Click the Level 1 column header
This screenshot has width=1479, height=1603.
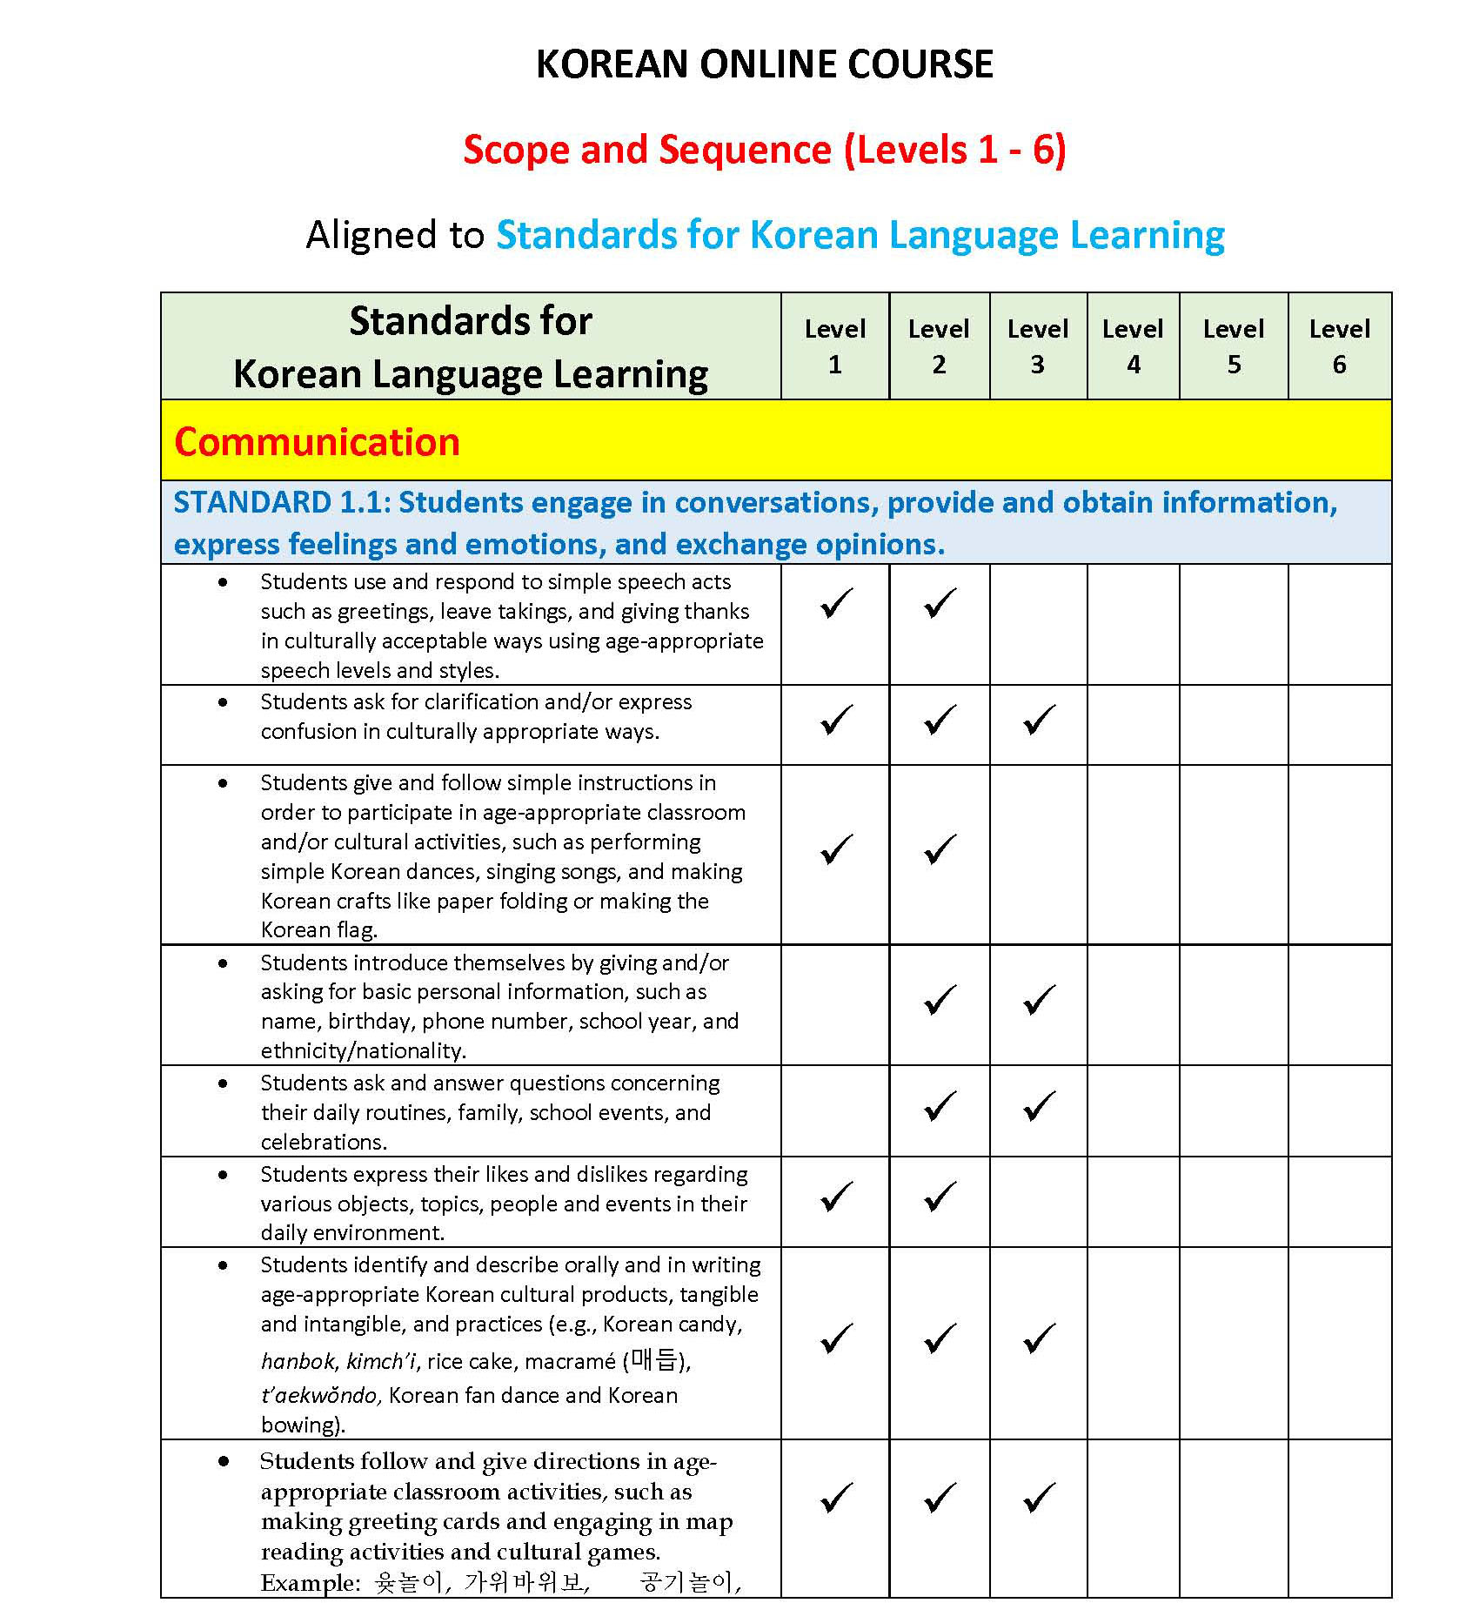click(835, 346)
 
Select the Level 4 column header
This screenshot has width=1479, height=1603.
click(1133, 346)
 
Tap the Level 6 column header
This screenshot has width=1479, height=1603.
click(1339, 346)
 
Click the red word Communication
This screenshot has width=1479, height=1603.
click(317, 442)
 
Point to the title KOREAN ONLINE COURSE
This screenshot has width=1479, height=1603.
click(764, 64)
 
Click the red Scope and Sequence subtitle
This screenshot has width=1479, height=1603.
click(764, 150)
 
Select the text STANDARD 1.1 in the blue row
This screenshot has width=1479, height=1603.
click(278, 503)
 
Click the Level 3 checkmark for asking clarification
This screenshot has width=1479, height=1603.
click(1039, 720)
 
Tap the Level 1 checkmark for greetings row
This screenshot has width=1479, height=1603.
click(836, 603)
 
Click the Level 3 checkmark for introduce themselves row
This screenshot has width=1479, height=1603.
click(1039, 999)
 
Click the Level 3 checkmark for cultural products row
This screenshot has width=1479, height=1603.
click(1039, 1338)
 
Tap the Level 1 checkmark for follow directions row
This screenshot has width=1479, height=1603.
click(836, 1497)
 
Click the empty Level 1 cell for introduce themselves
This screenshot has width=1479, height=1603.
click(835, 1005)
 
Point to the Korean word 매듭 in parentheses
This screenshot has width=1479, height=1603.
click(653, 1360)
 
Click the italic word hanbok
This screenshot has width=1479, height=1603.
click(298, 1361)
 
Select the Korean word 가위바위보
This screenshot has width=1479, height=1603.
click(525, 1581)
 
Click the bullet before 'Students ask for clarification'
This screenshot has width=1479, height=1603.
click(224, 702)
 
